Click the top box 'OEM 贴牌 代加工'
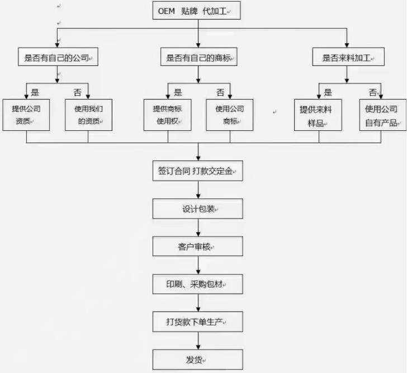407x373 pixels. (x=197, y=11)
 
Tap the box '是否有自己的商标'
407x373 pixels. (x=198, y=58)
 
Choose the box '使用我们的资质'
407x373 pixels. (x=88, y=115)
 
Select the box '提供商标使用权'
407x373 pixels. (x=167, y=115)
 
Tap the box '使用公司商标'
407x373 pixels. (x=229, y=115)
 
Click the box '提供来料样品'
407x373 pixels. (x=318, y=115)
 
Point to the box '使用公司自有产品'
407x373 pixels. (x=381, y=115)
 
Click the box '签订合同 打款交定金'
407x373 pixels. (x=198, y=172)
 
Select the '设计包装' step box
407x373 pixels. (x=198, y=209)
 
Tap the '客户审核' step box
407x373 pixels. (x=198, y=247)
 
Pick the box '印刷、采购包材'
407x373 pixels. (x=198, y=284)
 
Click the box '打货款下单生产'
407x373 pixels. (x=198, y=322)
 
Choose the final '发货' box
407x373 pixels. (x=198, y=359)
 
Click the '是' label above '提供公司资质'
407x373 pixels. (x=35, y=92)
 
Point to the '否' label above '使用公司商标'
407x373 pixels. (x=220, y=92)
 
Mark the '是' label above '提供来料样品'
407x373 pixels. (x=328, y=92)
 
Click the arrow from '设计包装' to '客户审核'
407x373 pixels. (x=198, y=228)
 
